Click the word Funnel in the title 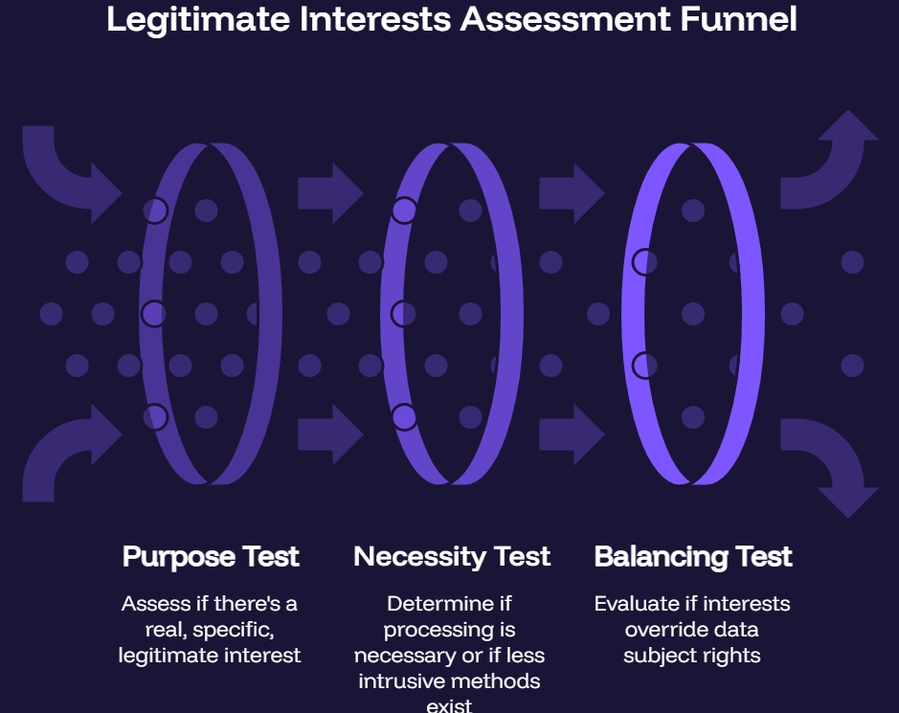click(738, 19)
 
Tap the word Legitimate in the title click(198, 20)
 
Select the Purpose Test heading click(211, 557)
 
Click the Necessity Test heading click(452, 557)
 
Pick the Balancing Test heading click(693, 557)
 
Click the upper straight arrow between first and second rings click(331, 193)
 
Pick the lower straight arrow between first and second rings click(331, 434)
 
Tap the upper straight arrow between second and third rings click(573, 193)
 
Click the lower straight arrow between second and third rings click(573, 434)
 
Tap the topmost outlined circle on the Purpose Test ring click(155, 211)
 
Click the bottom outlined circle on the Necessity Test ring click(404, 417)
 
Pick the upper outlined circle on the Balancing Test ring click(645, 262)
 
